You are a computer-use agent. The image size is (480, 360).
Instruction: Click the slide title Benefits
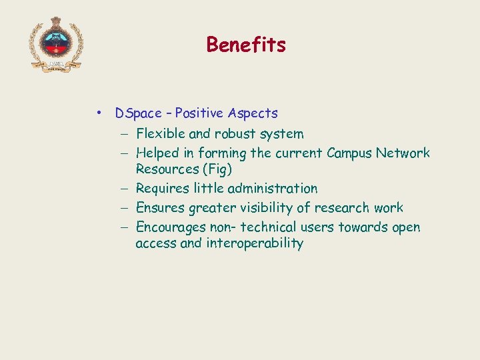pyautogui.click(x=246, y=45)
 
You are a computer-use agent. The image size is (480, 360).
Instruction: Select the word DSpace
pyautogui.click(x=139, y=113)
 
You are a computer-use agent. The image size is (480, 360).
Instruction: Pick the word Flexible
pyautogui.click(x=161, y=134)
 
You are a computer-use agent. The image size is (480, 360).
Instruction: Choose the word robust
pyautogui.click(x=236, y=134)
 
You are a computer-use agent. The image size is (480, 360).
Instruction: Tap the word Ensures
pyautogui.click(x=160, y=208)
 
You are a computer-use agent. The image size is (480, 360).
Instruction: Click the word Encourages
pyautogui.click(x=171, y=227)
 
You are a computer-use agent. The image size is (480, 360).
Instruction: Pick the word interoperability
pyautogui.click(x=255, y=243)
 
